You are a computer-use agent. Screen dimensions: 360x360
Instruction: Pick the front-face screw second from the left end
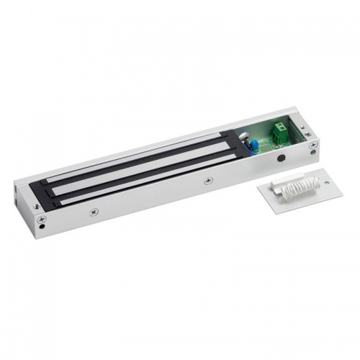93,212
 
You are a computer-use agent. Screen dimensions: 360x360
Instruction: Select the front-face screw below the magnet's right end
207,180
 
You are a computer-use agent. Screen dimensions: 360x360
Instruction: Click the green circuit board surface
263,140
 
